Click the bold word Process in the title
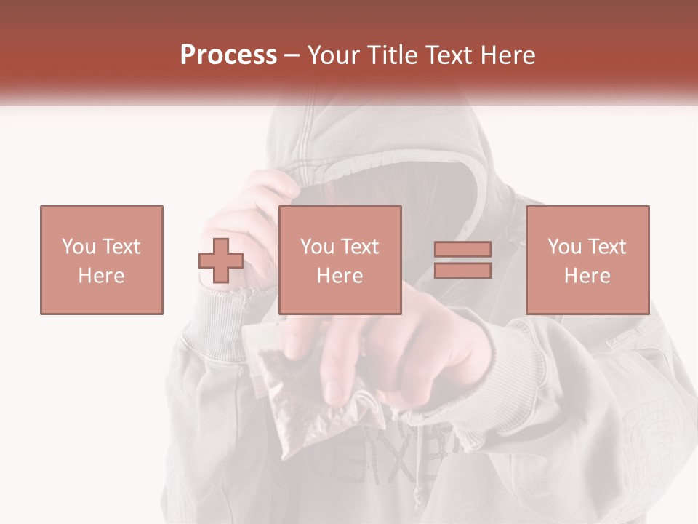pos(228,55)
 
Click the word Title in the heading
pos(393,55)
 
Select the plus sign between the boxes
pos(221,261)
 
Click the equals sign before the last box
pos(462,260)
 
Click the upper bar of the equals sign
pos(462,250)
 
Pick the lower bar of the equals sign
pos(462,270)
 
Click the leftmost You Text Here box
pos(101,260)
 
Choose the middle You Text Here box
pos(340,260)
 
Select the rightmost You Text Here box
pos(587,260)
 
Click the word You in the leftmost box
pos(78,246)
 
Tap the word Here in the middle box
pos(340,276)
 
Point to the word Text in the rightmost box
pos(605,246)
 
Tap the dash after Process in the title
pos(292,55)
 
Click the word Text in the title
pos(445,55)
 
